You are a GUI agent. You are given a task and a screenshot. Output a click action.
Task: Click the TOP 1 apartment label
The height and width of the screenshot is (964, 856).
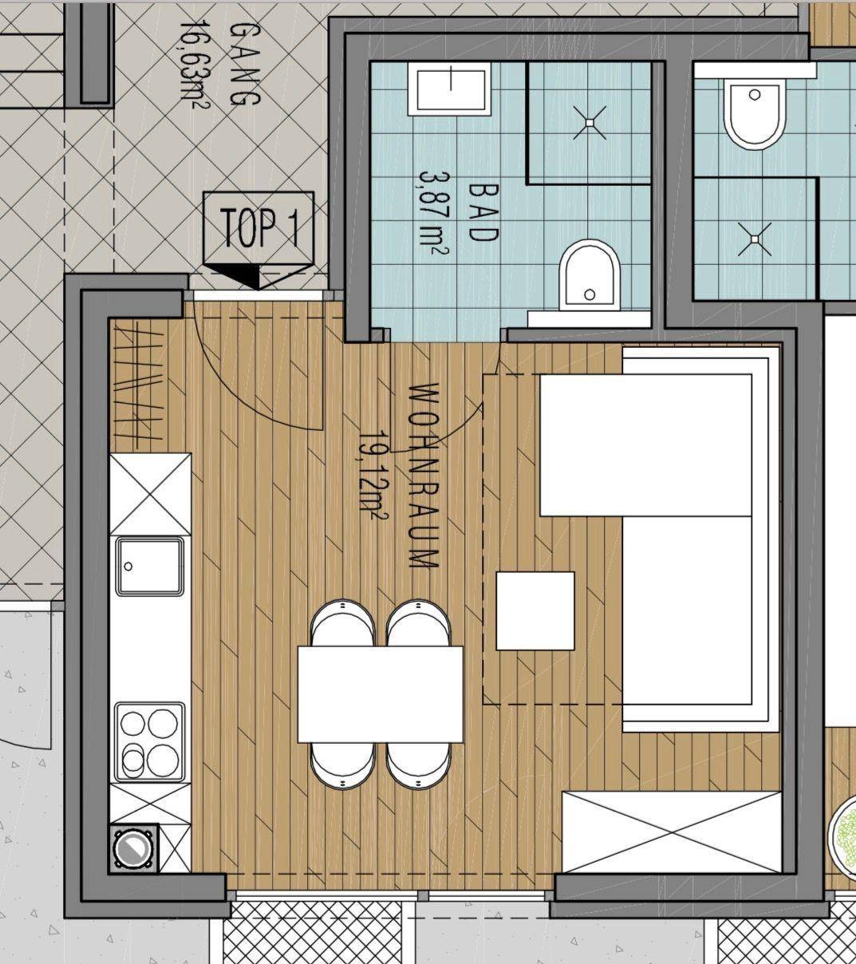tap(261, 228)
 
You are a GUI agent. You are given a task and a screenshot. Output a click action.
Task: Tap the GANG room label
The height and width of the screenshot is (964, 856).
tap(246, 65)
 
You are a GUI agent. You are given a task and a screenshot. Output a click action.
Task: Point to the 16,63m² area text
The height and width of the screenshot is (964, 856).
tap(195, 64)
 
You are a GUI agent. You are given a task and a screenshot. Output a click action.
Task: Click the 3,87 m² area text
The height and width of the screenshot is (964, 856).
tap(433, 214)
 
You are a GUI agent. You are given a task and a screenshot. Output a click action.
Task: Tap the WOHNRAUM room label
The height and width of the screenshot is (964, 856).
tap(424, 476)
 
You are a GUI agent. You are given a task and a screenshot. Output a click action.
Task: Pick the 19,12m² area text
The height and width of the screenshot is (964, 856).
tap(373, 476)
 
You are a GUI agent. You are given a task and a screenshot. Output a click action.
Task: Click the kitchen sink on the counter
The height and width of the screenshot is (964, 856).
tap(149, 567)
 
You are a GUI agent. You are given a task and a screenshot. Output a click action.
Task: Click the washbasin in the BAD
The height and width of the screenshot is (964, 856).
tap(449, 89)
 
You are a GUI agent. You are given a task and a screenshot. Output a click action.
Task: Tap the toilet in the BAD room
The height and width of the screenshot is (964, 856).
tap(590, 275)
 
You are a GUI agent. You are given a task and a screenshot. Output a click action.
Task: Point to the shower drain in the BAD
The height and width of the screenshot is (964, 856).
tap(590, 123)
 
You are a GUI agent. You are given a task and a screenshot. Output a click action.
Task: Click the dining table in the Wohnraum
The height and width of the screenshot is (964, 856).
tap(381, 694)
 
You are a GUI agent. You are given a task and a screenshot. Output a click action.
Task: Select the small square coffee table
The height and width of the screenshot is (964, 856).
tap(535, 611)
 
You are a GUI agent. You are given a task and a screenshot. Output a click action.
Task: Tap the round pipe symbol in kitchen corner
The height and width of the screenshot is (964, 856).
tap(134, 849)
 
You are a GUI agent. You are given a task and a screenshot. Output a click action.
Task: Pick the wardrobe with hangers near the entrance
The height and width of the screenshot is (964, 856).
tap(139, 385)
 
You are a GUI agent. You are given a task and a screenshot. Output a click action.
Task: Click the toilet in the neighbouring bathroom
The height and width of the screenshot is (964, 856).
tap(754, 114)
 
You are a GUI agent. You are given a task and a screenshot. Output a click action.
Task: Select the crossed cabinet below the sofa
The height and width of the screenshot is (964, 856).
tap(672, 832)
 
